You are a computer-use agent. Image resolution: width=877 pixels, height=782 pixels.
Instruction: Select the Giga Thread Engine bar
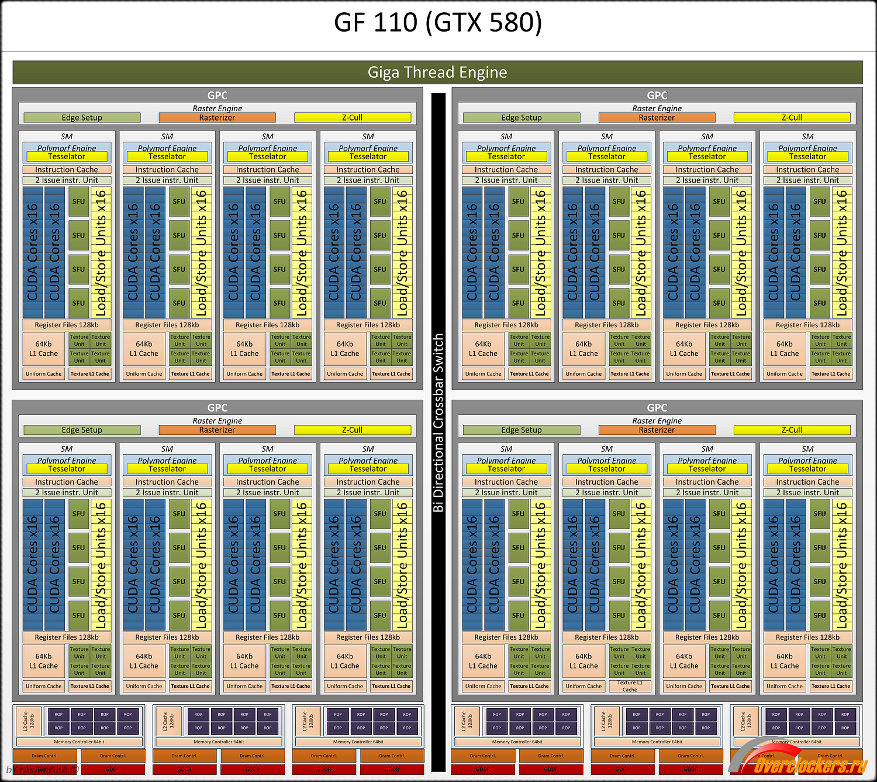[437, 72]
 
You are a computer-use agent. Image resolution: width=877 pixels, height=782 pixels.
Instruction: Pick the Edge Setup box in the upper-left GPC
[82, 118]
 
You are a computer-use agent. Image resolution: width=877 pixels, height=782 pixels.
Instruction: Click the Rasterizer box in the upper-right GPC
[657, 118]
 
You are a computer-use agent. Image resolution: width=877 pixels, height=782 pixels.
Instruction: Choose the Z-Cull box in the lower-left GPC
[352, 430]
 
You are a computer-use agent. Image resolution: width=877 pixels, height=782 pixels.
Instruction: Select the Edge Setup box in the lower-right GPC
[522, 430]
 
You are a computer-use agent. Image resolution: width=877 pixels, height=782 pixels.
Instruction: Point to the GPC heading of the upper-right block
[657, 95]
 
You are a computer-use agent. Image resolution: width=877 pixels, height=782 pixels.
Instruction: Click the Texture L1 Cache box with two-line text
[630, 686]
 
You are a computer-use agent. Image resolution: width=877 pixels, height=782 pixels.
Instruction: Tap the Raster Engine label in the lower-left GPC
[217, 421]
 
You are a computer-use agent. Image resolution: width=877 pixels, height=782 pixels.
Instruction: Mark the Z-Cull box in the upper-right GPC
[792, 118]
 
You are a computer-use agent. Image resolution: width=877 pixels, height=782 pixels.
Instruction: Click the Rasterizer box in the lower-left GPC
[217, 430]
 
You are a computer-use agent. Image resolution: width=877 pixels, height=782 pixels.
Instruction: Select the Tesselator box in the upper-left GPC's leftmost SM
[67, 157]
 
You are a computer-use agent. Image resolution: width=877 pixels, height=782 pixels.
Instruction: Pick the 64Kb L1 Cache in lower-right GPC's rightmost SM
[785, 661]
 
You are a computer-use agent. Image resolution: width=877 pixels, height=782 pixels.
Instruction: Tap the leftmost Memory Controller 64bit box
[79, 742]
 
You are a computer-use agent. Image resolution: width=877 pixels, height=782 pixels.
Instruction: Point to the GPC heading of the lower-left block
[217, 407]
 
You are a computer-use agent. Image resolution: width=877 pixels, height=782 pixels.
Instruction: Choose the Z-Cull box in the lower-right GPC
[792, 430]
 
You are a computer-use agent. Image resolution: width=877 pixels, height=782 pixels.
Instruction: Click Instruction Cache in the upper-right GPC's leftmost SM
[506, 170]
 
